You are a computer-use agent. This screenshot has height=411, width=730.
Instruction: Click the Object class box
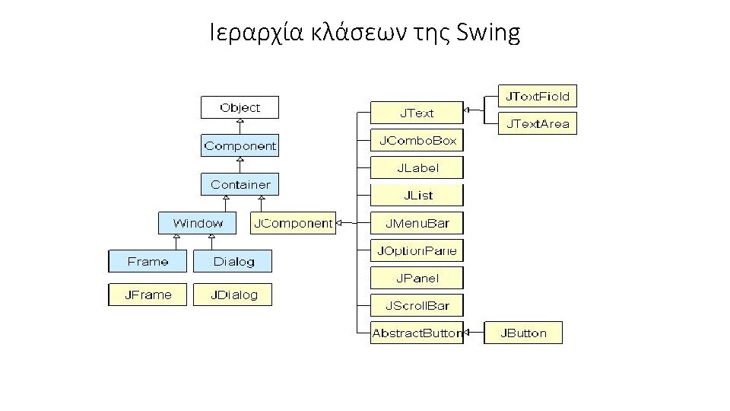coord(240,107)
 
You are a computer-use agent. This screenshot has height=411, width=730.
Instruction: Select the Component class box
coord(240,145)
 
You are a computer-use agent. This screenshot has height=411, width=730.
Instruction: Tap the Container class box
coord(240,184)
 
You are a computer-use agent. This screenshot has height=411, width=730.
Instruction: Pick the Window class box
coord(198,223)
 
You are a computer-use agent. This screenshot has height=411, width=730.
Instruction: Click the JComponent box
coord(293,223)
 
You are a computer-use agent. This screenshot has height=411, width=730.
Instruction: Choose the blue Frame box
coord(148,261)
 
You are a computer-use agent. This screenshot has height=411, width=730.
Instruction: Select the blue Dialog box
coord(233,261)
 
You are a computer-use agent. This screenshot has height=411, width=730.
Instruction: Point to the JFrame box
coord(148,295)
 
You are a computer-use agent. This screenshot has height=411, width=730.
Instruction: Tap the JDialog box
coord(233,295)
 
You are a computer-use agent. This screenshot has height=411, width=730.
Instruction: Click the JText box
coord(417,113)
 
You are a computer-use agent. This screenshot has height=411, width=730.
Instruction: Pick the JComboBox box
coord(417,140)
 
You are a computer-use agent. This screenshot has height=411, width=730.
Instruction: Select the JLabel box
coord(417,167)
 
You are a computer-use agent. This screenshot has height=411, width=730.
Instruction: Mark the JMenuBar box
coord(417,223)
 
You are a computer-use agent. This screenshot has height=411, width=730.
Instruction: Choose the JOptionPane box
coord(417,250)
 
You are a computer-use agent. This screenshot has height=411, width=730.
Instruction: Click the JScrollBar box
coord(417,306)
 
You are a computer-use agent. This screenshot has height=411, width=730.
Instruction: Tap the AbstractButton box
coord(417,333)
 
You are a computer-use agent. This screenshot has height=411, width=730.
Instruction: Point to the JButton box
coord(523,333)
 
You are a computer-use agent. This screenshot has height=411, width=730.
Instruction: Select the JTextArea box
coord(538,123)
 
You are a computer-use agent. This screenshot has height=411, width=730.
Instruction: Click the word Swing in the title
coord(490,33)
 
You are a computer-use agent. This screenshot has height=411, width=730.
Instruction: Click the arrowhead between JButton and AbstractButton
coord(468,333)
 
